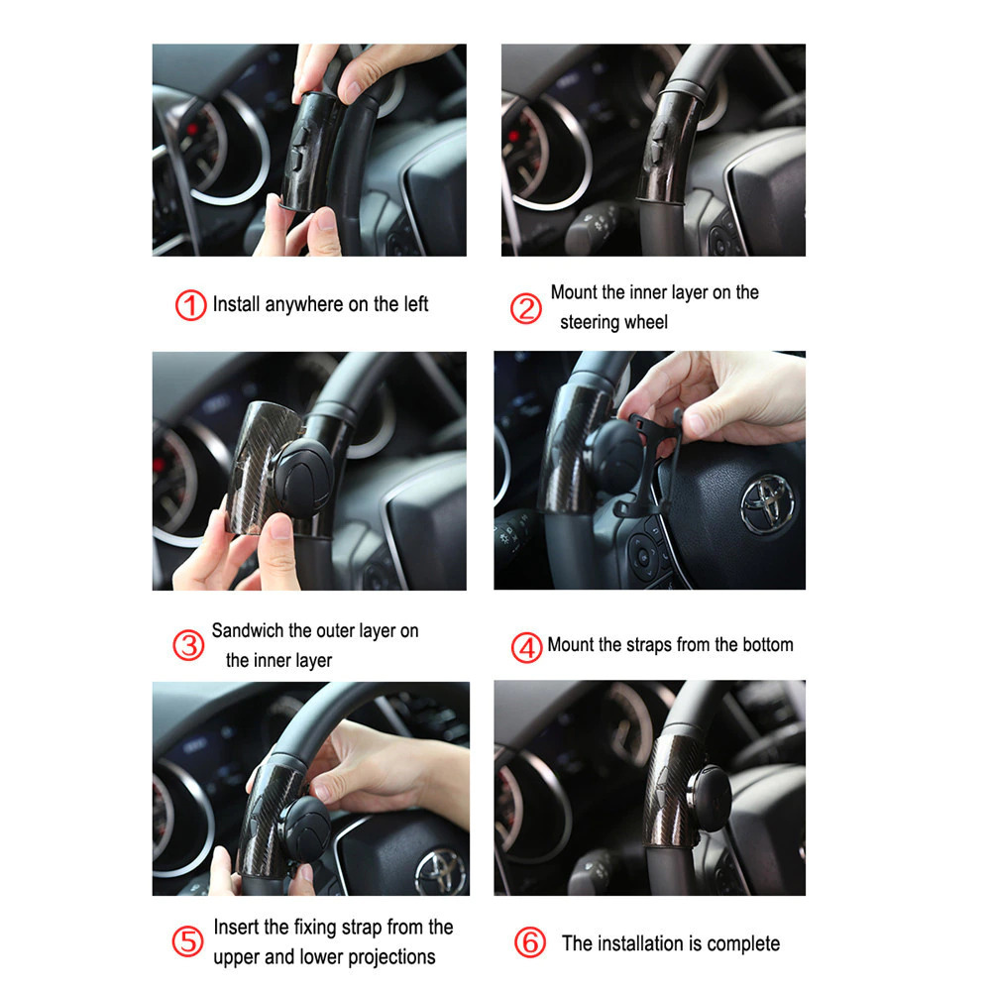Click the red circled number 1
pyautogui.click(x=191, y=305)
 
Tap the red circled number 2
pyautogui.click(x=526, y=308)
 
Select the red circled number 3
pyautogui.click(x=188, y=645)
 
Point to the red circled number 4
pyautogui.click(x=526, y=647)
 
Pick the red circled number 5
pyautogui.click(x=187, y=941)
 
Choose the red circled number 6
pyautogui.click(x=529, y=942)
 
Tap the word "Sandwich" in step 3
pyautogui.click(x=247, y=630)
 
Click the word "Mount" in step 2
pyautogui.click(x=573, y=292)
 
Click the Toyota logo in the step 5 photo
pyautogui.click(x=441, y=871)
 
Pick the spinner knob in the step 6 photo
pyautogui.click(x=710, y=799)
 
